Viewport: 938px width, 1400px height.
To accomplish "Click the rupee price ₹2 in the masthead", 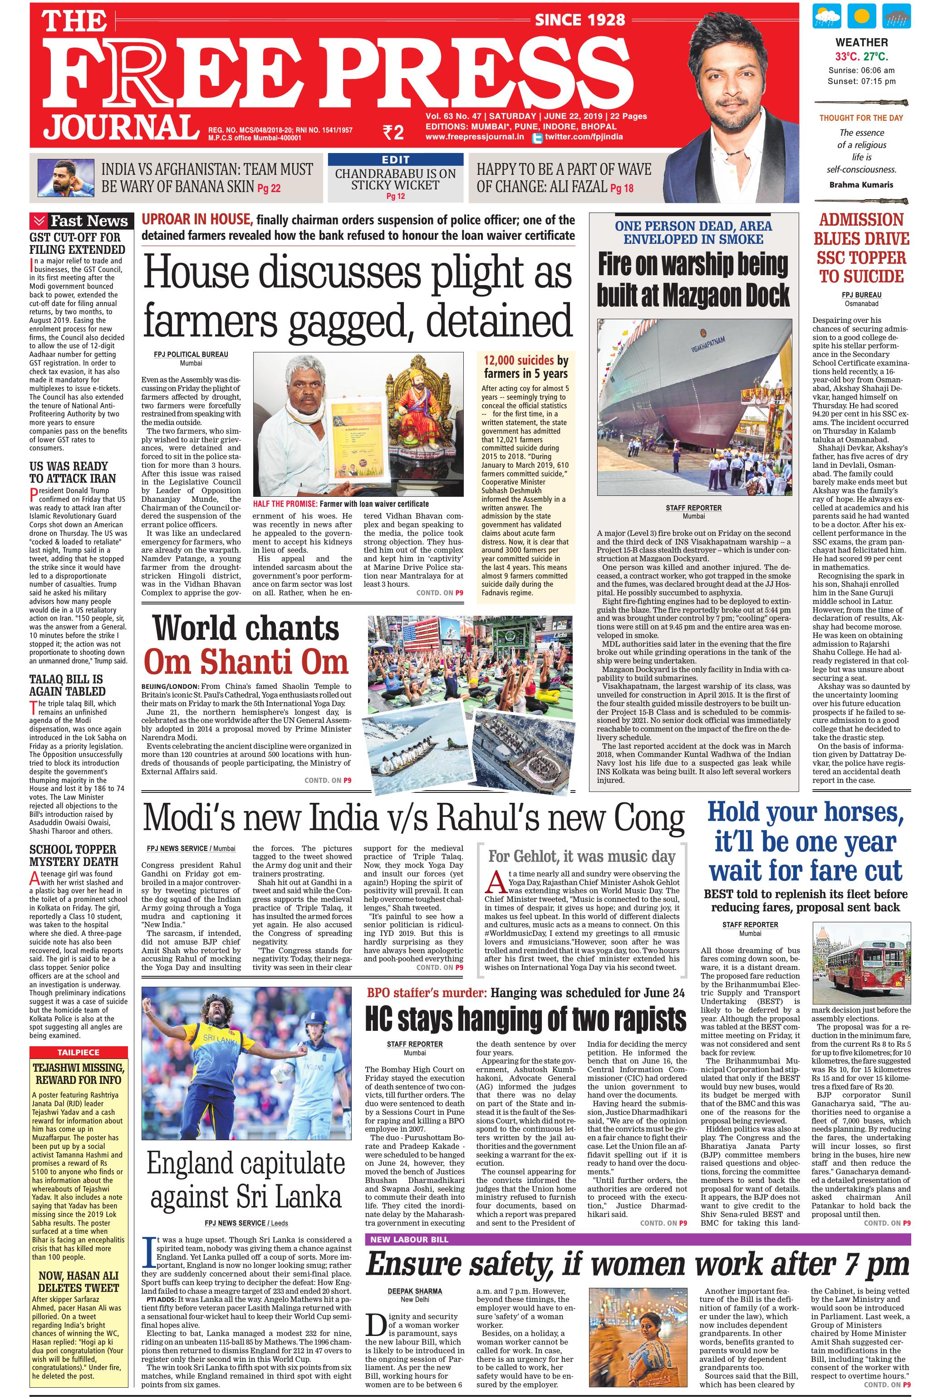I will click(x=393, y=132).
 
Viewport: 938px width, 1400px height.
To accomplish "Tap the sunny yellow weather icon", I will click(x=861, y=16).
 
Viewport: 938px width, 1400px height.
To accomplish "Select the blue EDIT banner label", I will click(x=395, y=160).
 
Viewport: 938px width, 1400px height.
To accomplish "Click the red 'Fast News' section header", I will click(x=79, y=221).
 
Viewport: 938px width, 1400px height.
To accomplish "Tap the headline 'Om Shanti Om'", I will click(x=246, y=662).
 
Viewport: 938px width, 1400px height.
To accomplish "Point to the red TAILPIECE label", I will click(x=79, y=1052).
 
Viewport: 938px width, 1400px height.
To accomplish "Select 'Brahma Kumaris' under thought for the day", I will click(x=861, y=185).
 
